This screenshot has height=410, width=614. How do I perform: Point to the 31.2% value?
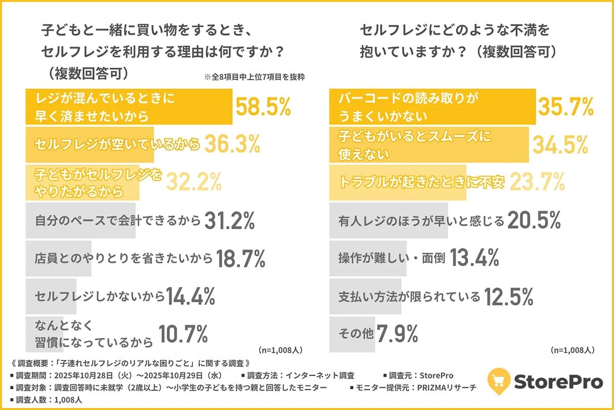(x=230, y=221)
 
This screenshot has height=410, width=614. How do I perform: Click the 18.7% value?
(x=240, y=259)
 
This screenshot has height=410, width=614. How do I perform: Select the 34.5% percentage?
(x=560, y=145)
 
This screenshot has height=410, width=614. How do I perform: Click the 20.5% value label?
(x=534, y=221)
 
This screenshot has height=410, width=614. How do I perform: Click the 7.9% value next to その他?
(x=397, y=334)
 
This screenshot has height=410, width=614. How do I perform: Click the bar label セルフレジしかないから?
(x=100, y=296)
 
